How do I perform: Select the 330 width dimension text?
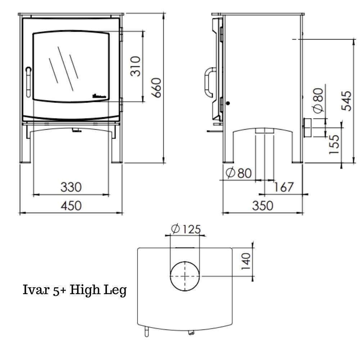point(71,187)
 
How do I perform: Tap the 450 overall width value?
point(71,206)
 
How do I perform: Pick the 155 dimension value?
point(334,144)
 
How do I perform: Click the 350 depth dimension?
point(262,206)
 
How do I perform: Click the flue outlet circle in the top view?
point(185,276)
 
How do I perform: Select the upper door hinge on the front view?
point(121,35)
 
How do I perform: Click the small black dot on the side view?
point(228,103)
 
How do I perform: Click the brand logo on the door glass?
point(99,96)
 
